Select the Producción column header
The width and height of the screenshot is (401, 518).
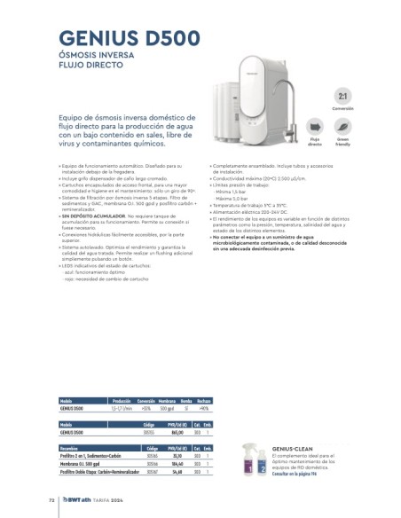point(122,400)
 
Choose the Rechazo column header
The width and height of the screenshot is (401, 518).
point(203,400)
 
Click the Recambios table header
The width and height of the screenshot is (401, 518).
point(72,450)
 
